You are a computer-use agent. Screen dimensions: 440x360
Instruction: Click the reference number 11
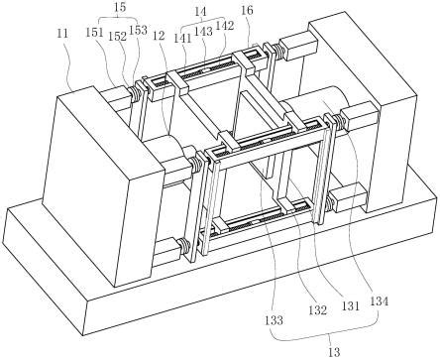pos(62,34)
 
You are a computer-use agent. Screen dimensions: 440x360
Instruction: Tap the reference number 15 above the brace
pos(119,7)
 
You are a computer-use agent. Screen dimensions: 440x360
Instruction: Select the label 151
pos(95,33)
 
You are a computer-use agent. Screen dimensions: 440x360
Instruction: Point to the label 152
pos(117,37)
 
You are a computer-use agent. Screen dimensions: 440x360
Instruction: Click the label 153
pos(138,30)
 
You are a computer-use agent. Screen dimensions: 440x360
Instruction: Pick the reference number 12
pos(159,36)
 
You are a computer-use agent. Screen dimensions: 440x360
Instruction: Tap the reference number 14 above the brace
pos(200,12)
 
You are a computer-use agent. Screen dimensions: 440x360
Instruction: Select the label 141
pos(182,38)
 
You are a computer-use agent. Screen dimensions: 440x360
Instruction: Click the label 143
pos(203,32)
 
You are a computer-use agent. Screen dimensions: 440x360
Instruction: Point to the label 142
pos(224,26)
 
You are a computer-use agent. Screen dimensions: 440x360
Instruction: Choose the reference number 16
pos(247,11)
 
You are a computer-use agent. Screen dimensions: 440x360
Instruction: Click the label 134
pos(379,301)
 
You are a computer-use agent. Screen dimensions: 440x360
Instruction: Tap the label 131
pos(350,306)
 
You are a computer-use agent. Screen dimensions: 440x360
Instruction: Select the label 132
pos(318,310)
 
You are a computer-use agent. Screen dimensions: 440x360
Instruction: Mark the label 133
pos(274,320)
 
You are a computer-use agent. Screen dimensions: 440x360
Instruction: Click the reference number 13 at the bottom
pos(334,352)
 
